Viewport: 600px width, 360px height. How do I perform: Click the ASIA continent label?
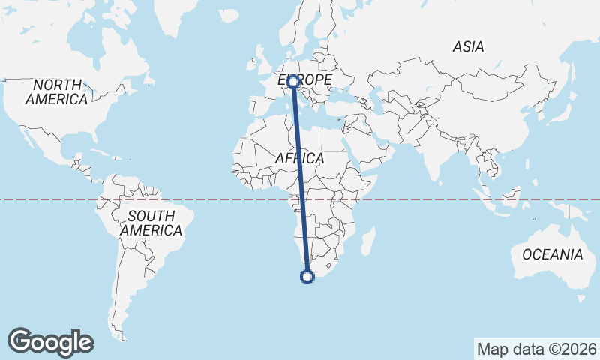tap(468, 46)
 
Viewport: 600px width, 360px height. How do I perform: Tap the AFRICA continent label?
tap(299, 158)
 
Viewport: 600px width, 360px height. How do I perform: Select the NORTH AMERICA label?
tap(56, 91)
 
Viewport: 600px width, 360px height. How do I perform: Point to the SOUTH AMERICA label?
tap(151, 223)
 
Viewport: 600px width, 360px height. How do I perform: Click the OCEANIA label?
tap(553, 254)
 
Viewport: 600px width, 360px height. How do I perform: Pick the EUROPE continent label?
tap(305, 79)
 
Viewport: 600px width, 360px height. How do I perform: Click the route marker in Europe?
tap(293, 82)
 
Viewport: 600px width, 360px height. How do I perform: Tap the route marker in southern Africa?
tap(307, 277)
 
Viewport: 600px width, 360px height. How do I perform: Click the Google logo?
tap(50, 342)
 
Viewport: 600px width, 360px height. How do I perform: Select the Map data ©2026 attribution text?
tap(536, 349)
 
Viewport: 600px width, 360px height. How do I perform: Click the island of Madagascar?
tap(368, 241)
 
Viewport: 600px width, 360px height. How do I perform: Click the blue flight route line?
tap(300, 180)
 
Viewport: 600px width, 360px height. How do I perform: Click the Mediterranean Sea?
tap(315, 112)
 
